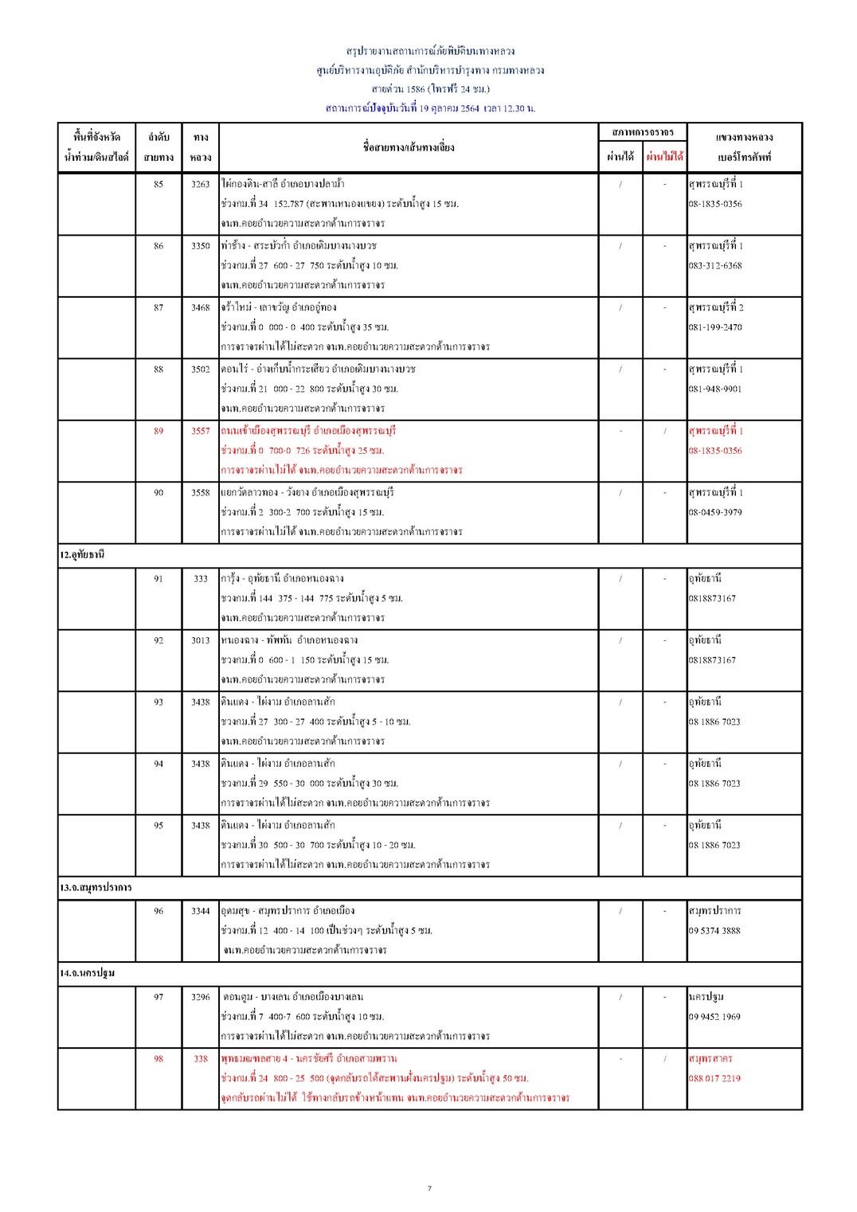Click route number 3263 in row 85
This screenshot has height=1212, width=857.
tap(200, 184)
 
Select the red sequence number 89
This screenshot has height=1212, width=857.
tap(158, 431)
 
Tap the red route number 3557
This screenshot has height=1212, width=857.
tap(200, 431)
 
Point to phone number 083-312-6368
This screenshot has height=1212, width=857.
tap(714, 266)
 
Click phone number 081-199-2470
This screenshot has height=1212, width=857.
tap(714, 327)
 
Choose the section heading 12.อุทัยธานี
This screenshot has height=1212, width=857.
tap(82, 555)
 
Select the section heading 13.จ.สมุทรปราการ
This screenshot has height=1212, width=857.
tap(96, 887)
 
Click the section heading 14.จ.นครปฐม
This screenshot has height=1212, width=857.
tap(87, 973)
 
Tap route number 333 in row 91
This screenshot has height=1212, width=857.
tap(200, 579)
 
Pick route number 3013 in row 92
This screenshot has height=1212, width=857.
tap(200, 640)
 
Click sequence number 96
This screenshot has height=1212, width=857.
tap(158, 911)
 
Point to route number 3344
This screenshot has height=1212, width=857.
tap(200, 911)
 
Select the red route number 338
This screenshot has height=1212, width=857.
tap(200, 1058)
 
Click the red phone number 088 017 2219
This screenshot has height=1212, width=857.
tap(714, 1078)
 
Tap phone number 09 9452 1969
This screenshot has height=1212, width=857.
tap(714, 1017)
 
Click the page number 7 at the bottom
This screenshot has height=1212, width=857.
tap(429, 1189)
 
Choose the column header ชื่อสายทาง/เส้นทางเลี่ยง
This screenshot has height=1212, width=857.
tap(408, 147)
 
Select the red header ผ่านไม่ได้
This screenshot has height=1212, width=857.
tap(664, 157)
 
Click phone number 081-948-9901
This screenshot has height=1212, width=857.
tap(714, 389)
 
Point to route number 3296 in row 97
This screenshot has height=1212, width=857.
tap(200, 997)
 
